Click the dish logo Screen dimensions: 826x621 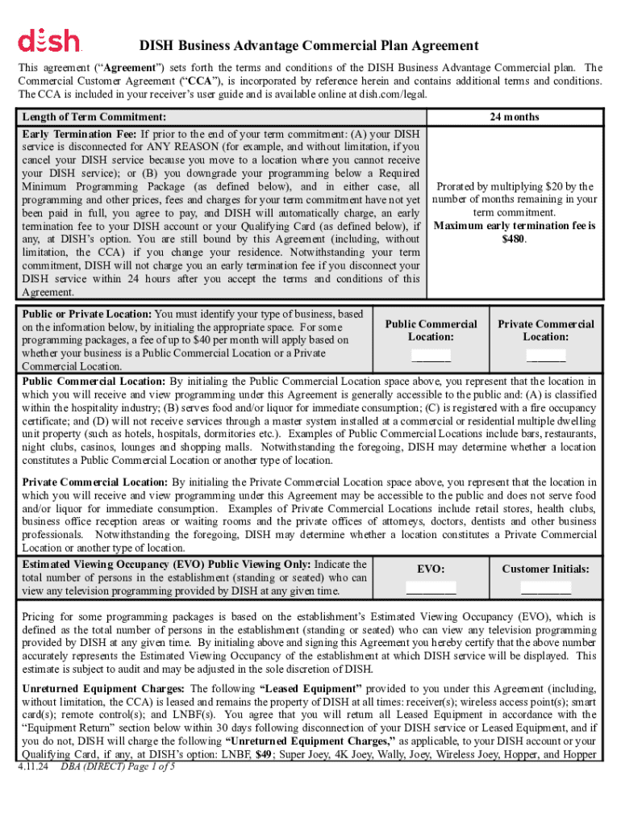click(48, 40)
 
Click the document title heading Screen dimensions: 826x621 click(309, 46)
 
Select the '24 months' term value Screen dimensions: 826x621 click(514, 117)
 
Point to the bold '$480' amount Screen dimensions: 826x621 click(514, 239)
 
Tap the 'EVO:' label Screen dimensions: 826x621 click(431, 569)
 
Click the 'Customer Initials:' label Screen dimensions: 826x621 click(546, 569)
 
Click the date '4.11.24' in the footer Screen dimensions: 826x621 click(35, 766)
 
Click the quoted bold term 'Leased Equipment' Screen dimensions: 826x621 click(311, 689)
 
